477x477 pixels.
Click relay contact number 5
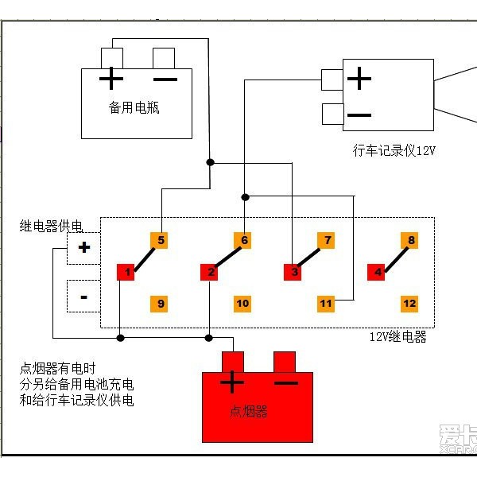pyautogui.click(x=159, y=241)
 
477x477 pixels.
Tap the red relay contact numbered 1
pyautogui.click(x=126, y=272)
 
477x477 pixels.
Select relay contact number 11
pyautogui.click(x=326, y=304)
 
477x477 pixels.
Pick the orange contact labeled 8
pyautogui.click(x=409, y=241)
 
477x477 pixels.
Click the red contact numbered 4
pyautogui.click(x=376, y=272)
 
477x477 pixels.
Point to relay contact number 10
pyautogui.click(x=242, y=304)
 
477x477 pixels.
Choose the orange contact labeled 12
pyautogui.click(x=409, y=304)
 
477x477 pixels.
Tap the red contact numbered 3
pyautogui.click(x=293, y=272)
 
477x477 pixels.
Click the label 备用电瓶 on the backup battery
pyautogui.click(x=134, y=107)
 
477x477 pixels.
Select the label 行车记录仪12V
pyautogui.click(x=394, y=150)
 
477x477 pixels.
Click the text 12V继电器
pyautogui.click(x=398, y=337)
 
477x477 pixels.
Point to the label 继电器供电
pyautogui.click(x=51, y=226)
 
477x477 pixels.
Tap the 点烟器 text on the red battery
pyautogui.click(x=249, y=411)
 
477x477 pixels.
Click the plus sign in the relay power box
pyautogui.click(x=84, y=247)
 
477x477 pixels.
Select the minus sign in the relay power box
pyautogui.click(x=84, y=297)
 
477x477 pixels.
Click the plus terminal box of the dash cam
pyautogui.click(x=332, y=79)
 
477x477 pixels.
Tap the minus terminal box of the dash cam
pyautogui.click(x=333, y=114)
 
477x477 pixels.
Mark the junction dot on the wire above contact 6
pyautogui.click(x=245, y=197)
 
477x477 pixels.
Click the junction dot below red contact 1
pyautogui.click(x=121, y=338)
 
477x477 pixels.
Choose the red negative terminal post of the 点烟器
pyautogui.click(x=285, y=362)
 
